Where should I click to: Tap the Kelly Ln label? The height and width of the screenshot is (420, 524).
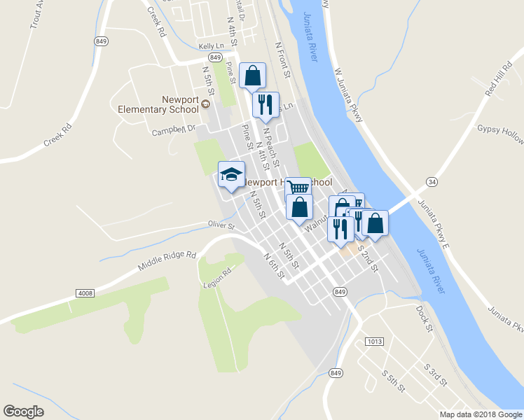210,46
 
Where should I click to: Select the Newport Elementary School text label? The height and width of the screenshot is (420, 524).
158,104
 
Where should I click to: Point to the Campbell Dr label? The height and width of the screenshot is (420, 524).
174,129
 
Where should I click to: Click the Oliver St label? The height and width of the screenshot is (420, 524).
221,225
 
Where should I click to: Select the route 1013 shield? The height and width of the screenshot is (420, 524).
375,341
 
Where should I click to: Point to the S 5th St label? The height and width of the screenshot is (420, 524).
394,381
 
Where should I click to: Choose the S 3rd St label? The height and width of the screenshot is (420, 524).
435,374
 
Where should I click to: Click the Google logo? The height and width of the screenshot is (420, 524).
23,412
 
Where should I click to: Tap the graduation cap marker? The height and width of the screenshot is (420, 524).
232,175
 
